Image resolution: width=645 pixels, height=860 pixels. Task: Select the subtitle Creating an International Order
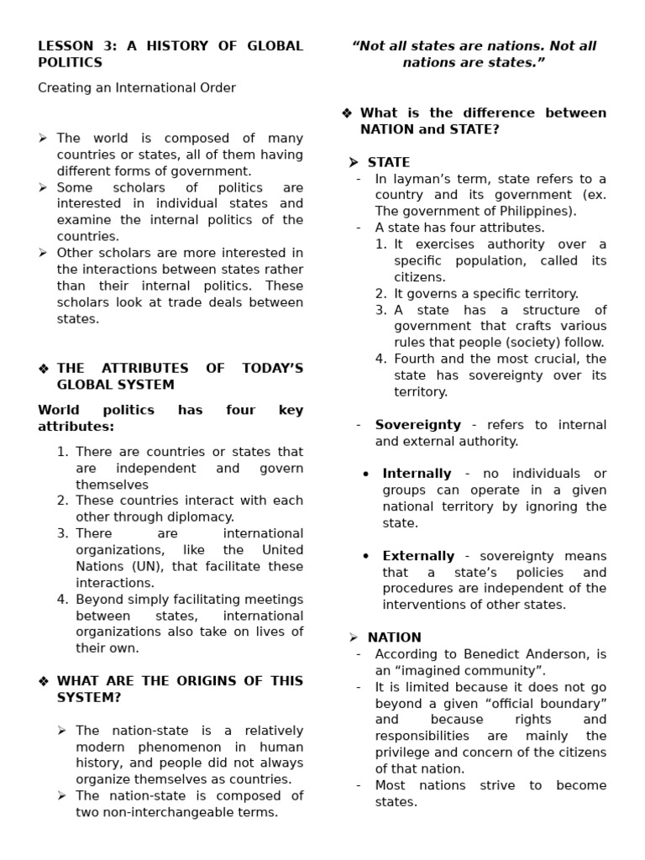pyautogui.click(x=137, y=88)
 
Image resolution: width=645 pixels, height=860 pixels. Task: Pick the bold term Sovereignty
pyautogui.click(x=417, y=425)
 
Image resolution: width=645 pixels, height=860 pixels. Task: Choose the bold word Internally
pyautogui.click(x=417, y=474)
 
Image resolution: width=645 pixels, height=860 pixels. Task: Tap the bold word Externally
pyautogui.click(x=418, y=556)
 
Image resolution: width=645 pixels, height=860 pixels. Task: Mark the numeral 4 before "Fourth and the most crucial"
pyautogui.click(x=380, y=359)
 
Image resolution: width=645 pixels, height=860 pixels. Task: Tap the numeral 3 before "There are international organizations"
pyautogui.click(x=62, y=534)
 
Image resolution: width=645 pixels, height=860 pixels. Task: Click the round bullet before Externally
pyautogui.click(x=365, y=557)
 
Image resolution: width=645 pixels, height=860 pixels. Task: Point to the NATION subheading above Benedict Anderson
pyautogui.click(x=394, y=637)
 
